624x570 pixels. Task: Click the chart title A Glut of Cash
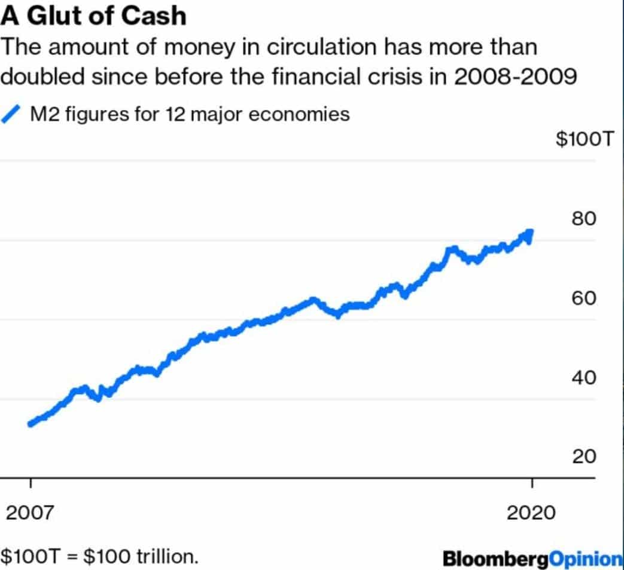pyautogui.click(x=94, y=16)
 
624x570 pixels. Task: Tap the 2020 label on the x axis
pyautogui.click(x=531, y=513)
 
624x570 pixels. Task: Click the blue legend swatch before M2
pyautogui.click(x=13, y=113)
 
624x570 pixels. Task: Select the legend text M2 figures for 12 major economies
pyautogui.click(x=189, y=114)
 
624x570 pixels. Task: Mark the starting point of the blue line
pyautogui.click(x=31, y=424)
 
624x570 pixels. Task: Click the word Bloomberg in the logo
pyautogui.click(x=496, y=559)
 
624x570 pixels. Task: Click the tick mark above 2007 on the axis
pyautogui.click(x=31, y=484)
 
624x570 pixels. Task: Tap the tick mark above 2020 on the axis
pyautogui.click(x=531, y=484)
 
